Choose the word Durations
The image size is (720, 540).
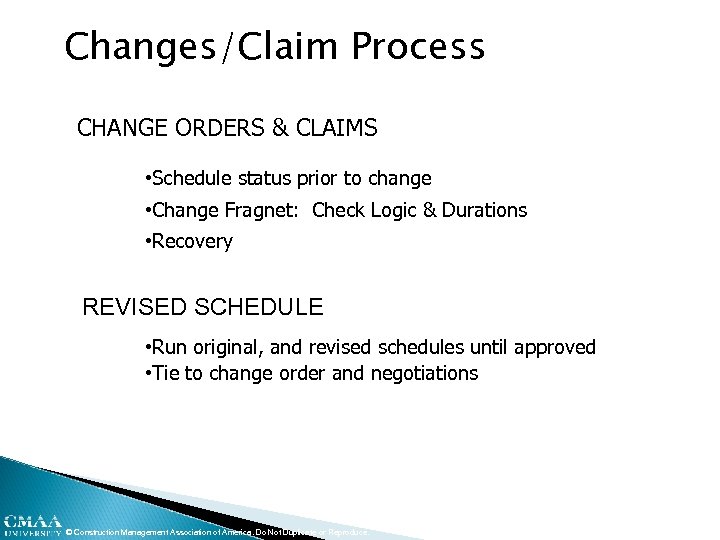pyautogui.click(x=484, y=210)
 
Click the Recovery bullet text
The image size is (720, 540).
pyautogui.click(x=192, y=241)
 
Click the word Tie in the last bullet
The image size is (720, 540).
pyautogui.click(x=166, y=374)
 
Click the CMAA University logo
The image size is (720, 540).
pyautogui.click(x=31, y=525)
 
